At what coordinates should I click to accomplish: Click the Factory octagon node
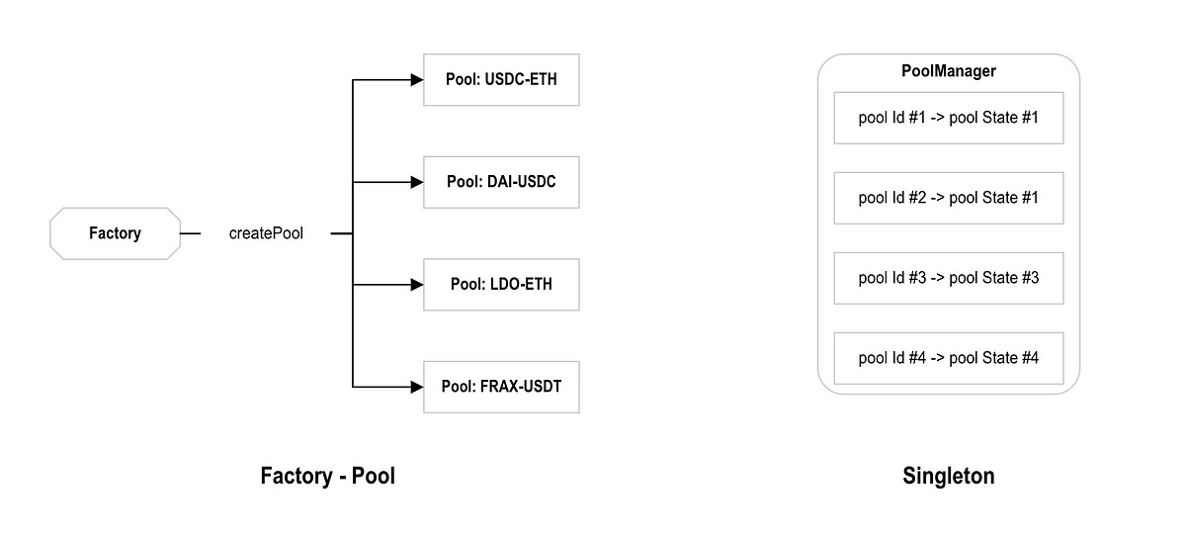point(115,233)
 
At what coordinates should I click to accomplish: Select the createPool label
point(266,234)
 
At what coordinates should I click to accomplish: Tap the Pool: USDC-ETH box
point(501,79)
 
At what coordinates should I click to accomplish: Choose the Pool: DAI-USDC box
point(501,182)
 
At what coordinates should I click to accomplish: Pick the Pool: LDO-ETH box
point(501,285)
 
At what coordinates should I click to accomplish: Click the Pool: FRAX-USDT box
point(501,387)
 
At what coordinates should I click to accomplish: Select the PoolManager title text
point(948,71)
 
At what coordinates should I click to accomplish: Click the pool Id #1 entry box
point(948,118)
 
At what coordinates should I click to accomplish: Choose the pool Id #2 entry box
point(948,198)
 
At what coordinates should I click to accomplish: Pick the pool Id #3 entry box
point(948,278)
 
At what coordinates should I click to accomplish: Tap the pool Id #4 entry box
point(948,358)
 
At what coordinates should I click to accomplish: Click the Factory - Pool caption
point(327,476)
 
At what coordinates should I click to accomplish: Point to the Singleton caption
point(948,476)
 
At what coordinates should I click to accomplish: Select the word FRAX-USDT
point(522,387)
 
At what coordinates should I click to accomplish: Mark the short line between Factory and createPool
point(191,234)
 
